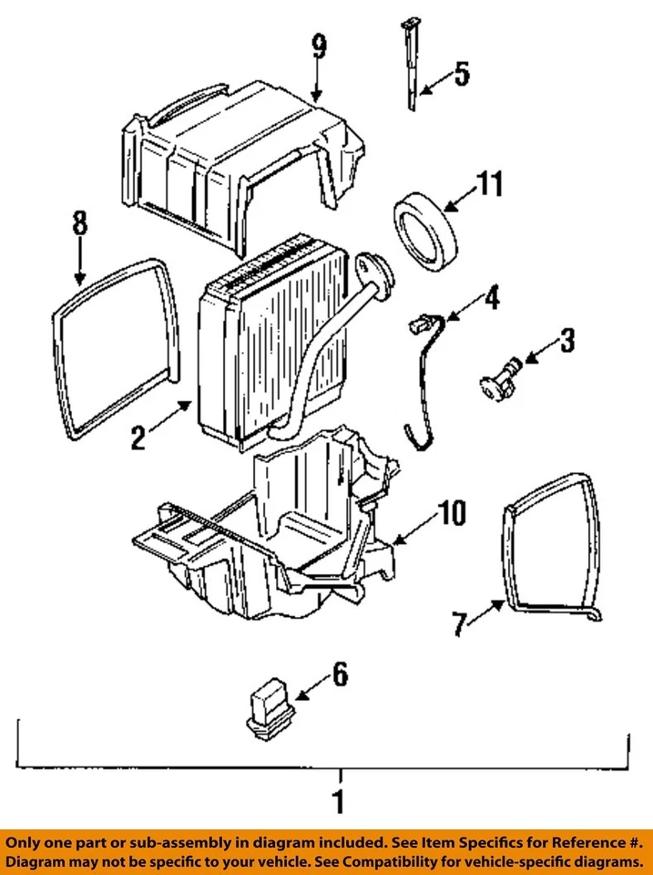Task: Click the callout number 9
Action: [x=318, y=47]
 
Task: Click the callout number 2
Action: [x=137, y=438]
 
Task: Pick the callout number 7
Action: [x=460, y=624]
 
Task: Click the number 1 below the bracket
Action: [x=338, y=804]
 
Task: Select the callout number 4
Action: [x=491, y=297]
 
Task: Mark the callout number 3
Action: [x=566, y=343]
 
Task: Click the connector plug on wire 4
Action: [x=420, y=322]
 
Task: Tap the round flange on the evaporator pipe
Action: [x=372, y=268]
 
